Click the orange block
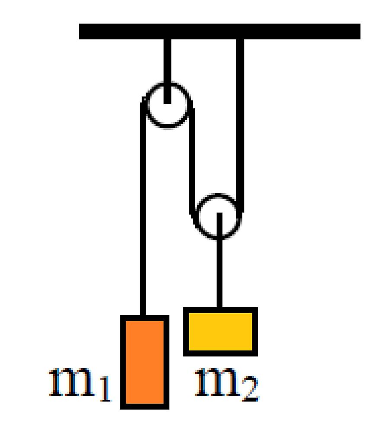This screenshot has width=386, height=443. (145, 362)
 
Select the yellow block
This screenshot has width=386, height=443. (220, 331)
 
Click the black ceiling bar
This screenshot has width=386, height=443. (219, 31)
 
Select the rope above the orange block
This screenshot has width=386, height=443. (143, 209)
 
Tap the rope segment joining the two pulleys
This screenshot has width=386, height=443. (192, 161)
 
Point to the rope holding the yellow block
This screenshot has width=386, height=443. (219, 260)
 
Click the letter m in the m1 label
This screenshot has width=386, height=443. (71, 382)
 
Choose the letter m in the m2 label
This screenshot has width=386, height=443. (218, 382)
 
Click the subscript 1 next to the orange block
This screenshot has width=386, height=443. (106, 389)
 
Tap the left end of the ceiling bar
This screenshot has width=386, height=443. (79, 31)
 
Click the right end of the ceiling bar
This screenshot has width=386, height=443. (360, 31)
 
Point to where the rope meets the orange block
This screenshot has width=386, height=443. (143, 315)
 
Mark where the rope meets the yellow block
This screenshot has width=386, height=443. (219, 308)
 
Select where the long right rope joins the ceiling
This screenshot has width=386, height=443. (240, 39)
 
